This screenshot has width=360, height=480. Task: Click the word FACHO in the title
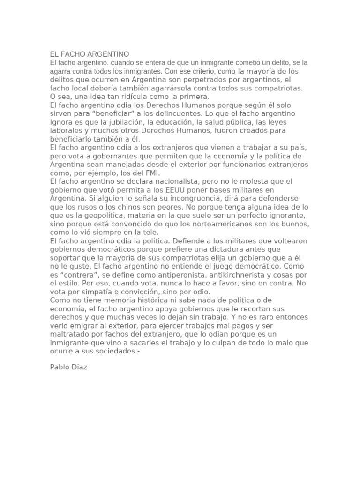[x=73, y=54]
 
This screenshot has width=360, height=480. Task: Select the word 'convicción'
[x=134, y=291]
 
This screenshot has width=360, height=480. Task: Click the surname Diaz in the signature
[x=77, y=367]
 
